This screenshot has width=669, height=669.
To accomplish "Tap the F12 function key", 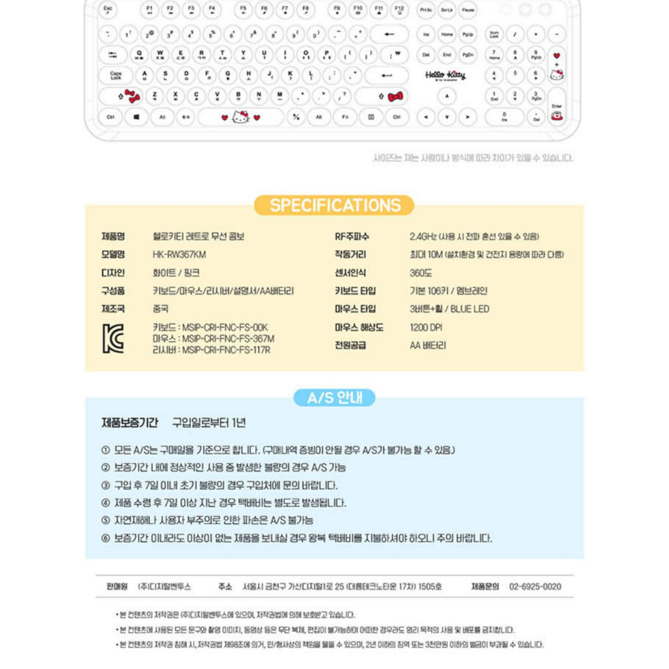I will [399, 10].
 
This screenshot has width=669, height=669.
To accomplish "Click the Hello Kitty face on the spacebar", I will [240, 117].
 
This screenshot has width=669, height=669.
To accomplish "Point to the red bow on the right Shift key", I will [395, 97].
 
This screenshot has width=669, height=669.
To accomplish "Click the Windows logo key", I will [137, 117].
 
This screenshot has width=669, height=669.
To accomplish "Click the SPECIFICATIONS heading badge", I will [334, 205].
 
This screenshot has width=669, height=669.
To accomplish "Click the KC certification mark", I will [113, 338].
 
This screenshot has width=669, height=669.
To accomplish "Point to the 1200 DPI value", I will [426, 327].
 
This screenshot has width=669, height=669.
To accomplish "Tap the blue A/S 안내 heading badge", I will [334, 398].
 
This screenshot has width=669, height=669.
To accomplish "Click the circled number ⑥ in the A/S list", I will [106, 538].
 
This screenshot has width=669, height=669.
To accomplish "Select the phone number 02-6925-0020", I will [534, 587].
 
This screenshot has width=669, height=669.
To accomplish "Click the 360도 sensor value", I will [421, 273].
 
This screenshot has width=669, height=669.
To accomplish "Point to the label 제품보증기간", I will [130, 423].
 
